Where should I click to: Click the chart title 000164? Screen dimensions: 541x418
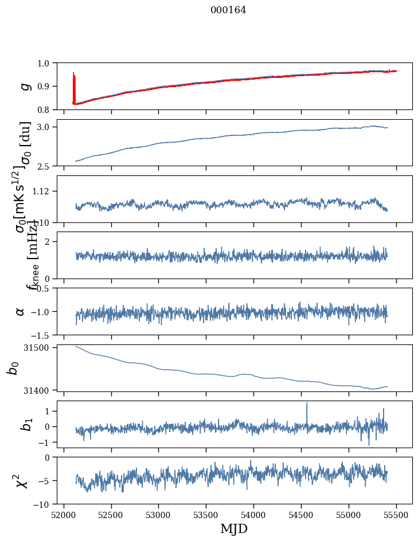228,10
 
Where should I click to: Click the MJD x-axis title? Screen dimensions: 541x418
234,528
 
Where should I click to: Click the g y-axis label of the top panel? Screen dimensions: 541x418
24,86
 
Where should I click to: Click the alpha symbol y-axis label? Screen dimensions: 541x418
21,311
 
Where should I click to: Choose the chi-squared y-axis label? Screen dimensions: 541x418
23,481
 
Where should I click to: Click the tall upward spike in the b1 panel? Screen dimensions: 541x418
307,405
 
